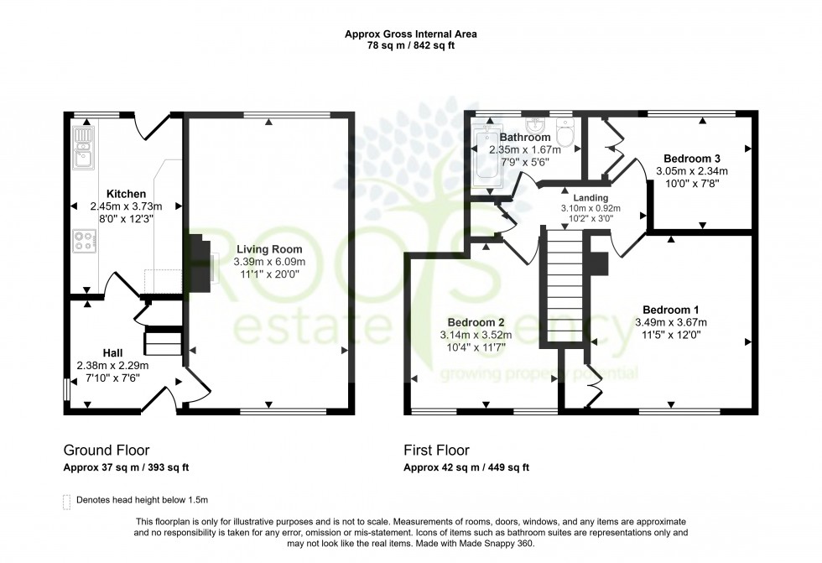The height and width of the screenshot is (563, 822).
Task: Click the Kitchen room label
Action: pos(126,194)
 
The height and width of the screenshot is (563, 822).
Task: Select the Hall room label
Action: pos(113,352)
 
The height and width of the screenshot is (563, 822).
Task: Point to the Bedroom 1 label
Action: pos(671,309)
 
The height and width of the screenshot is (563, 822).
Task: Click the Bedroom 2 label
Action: pos(475,323)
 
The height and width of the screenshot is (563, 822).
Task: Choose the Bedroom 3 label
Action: pos(692,158)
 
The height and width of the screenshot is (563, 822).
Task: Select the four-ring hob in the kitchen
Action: pos(85,242)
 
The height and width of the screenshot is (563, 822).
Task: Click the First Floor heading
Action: pos(436,451)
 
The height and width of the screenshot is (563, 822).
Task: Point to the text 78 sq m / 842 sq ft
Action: pos(410,46)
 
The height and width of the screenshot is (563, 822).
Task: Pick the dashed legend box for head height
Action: pos(67,501)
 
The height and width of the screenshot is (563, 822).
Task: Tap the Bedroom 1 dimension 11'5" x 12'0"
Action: pos(671,334)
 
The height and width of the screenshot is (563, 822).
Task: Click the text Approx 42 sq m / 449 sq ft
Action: pos(466,468)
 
